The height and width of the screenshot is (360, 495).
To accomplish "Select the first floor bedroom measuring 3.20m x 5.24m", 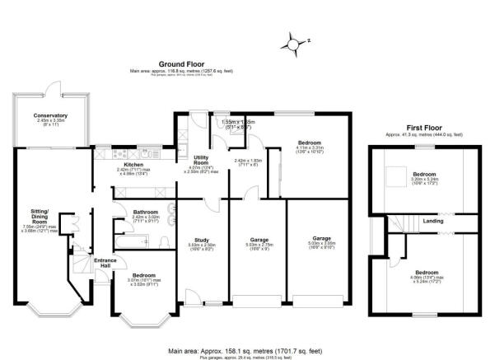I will click(x=426, y=175).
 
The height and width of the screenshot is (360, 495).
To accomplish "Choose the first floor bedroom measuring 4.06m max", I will click(x=427, y=273).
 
